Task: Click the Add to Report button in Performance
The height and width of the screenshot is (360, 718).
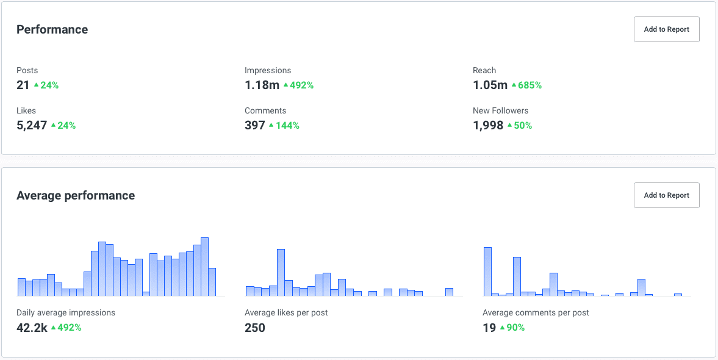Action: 666,29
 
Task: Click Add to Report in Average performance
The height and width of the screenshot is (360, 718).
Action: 666,195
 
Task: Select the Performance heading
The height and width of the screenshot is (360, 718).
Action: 52,29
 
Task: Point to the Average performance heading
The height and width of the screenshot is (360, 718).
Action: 76,195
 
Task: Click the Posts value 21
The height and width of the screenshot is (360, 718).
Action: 23,85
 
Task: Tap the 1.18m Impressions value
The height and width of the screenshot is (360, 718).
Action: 262,85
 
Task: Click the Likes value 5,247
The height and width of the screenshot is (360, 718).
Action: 32,125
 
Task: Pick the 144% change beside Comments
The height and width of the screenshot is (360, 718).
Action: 287,126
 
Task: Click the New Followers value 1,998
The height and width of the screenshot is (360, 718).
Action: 488,125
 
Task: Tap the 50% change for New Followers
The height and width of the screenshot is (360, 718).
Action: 523,126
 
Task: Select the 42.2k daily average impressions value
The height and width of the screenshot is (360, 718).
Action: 32,328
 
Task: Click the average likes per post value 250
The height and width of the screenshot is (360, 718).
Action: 255,328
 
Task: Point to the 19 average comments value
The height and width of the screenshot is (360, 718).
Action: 489,328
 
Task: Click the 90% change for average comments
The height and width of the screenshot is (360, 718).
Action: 515,328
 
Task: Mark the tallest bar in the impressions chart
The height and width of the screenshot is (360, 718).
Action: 205,267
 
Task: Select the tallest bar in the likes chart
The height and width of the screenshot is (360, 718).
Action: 281,272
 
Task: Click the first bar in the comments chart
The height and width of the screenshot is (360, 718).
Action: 487,272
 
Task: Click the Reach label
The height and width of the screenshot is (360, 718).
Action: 484,70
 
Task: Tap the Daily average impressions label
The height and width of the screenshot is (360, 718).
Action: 66,312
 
